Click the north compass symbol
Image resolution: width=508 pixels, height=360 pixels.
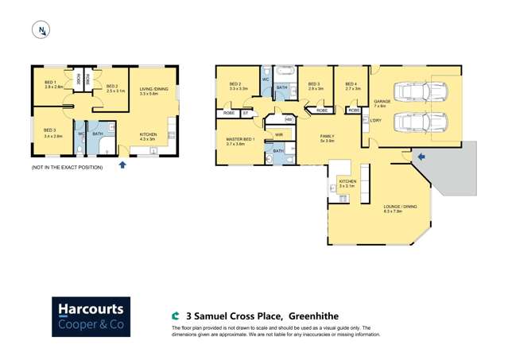tap(41, 30)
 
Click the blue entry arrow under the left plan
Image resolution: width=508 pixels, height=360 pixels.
tap(122, 165)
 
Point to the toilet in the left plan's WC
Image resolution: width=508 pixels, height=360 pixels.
tap(81, 148)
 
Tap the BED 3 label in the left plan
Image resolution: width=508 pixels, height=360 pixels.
tap(50, 131)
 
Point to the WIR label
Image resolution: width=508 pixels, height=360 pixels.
tap(278, 135)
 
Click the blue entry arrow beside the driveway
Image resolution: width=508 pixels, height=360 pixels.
tap(421, 157)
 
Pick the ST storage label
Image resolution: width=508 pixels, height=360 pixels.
tap(246, 113)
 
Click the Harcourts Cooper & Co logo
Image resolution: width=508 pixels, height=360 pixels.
tap(91, 318)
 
